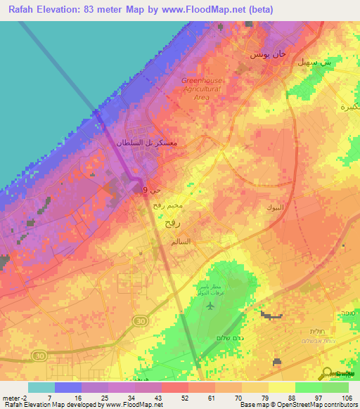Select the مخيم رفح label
point(168,205)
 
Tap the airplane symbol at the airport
point(210,304)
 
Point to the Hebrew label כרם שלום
point(224,338)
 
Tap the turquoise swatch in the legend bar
point(41,387)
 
